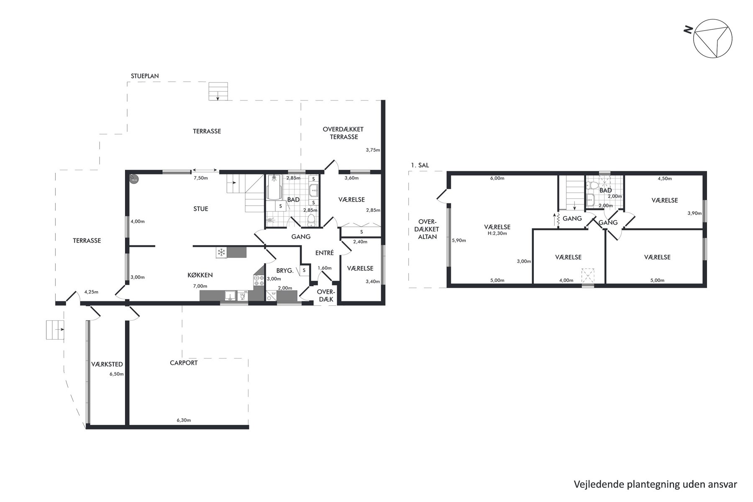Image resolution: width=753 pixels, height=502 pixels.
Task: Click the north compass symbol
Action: (712, 38)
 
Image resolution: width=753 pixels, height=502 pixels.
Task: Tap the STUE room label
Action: (201, 209)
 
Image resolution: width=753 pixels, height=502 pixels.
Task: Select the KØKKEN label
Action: (200, 275)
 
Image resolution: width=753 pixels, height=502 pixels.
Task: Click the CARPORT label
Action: (184, 363)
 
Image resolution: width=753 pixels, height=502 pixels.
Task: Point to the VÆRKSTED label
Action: (107, 364)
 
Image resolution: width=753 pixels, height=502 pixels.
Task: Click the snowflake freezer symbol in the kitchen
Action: (221, 252)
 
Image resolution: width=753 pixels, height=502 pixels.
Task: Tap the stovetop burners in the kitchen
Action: (259, 281)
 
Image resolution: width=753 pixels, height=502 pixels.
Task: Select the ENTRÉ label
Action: (324, 253)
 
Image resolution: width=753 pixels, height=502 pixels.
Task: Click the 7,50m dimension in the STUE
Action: (200, 178)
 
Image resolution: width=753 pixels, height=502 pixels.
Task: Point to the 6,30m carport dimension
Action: (184, 420)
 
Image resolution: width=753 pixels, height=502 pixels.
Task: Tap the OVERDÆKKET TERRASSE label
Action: (343, 133)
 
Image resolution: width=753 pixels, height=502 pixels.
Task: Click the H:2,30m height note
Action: (497, 233)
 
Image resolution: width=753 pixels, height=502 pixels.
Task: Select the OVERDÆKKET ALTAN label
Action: (428, 229)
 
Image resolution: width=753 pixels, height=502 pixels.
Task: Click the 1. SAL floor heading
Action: (420, 165)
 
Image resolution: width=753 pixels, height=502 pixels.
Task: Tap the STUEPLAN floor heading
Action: (145, 76)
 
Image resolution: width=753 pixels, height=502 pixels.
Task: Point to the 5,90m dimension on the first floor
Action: (459, 241)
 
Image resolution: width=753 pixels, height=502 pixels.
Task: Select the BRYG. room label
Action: (285, 271)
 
